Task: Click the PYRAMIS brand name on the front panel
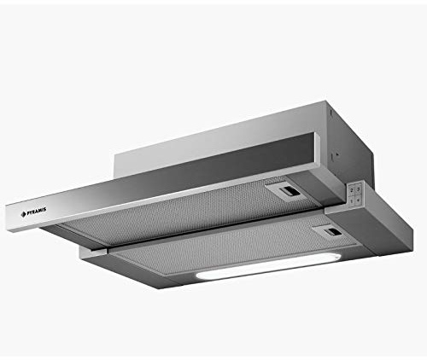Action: [x=37, y=212]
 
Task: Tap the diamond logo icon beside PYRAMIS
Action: [x=23, y=215]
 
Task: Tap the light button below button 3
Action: [x=359, y=200]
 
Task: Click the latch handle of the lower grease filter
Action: [x=327, y=231]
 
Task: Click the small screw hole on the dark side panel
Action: [x=337, y=154]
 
